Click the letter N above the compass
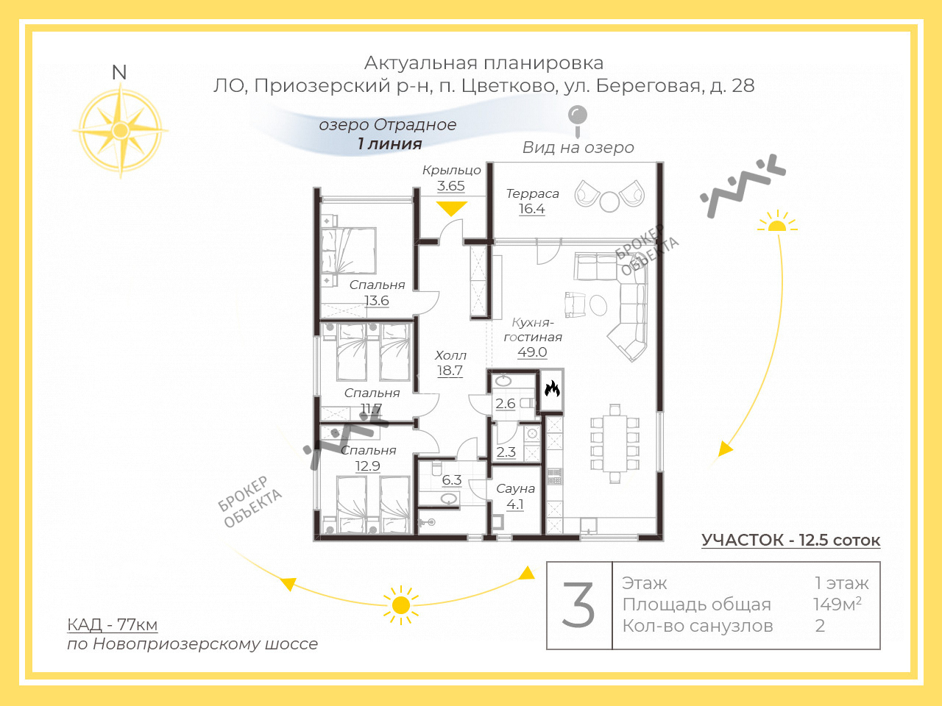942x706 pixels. pos(119,73)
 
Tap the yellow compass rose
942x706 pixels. pos(121,130)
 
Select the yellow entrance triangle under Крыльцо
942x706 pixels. pos(451,209)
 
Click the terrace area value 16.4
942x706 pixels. pos(532,209)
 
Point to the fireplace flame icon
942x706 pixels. pos(552,389)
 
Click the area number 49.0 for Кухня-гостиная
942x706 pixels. pos(532,352)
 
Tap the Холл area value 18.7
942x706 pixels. pos(450,371)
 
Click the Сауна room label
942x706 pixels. pos(515,488)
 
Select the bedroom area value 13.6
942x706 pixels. pos(377,301)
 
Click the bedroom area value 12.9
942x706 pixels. pos(368,466)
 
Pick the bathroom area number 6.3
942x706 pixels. pos(452,480)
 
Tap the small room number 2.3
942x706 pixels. pos(506,452)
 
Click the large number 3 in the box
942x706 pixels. pos(578,605)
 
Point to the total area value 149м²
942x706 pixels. pos(837,604)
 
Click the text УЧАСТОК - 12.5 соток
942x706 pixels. pos(791,540)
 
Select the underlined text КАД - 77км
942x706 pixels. pos(113,624)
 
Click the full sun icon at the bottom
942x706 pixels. pos(401,605)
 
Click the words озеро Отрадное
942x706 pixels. pos(388,125)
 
